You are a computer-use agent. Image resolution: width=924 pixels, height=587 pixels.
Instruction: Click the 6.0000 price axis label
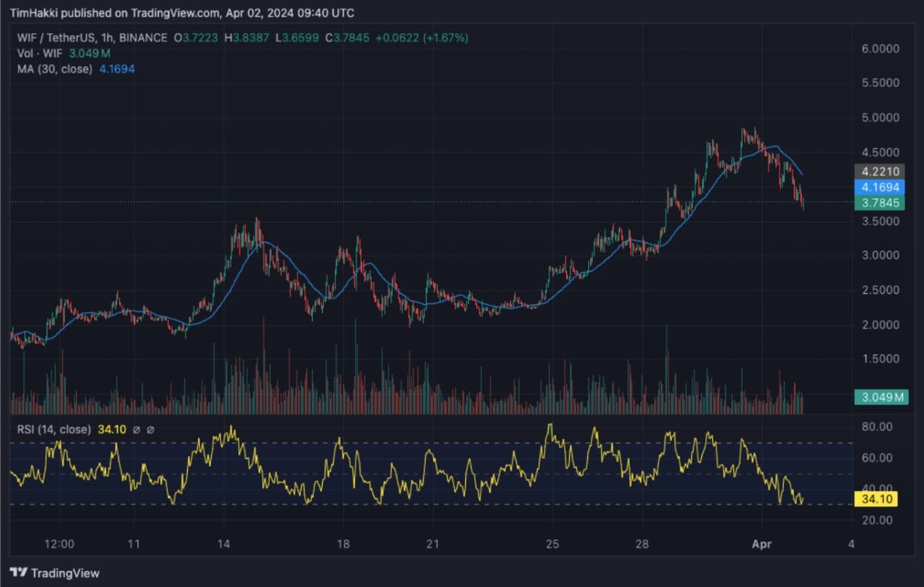(x=880, y=49)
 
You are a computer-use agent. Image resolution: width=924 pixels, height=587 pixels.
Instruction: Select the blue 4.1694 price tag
(x=879, y=187)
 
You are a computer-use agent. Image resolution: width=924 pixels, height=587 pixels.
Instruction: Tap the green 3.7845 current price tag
(x=879, y=202)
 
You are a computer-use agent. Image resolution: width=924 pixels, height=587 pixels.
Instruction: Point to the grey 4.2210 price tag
(x=879, y=171)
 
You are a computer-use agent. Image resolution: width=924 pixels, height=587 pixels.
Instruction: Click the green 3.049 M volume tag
(x=882, y=397)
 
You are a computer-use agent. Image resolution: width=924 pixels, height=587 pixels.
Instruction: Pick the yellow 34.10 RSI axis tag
(x=877, y=499)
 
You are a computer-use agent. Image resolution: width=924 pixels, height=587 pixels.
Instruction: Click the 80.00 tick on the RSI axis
(x=877, y=426)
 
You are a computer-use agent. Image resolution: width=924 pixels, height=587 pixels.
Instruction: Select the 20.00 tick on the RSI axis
(x=877, y=520)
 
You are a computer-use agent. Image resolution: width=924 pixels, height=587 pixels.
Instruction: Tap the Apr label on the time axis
(x=761, y=544)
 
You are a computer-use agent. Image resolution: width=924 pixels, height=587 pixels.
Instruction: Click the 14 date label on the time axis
(x=224, y=544)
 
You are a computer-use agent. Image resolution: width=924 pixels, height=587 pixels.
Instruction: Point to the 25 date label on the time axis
(x=552, y=544)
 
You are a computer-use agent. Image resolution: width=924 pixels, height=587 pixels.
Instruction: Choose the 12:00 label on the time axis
(x=59, y=544)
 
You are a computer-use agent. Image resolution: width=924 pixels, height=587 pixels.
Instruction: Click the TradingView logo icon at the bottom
(x=18, y=572)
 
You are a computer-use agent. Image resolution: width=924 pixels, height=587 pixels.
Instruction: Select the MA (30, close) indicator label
(x=55, y=69)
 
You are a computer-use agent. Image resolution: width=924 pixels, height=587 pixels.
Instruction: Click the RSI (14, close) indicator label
(x=54, y=429)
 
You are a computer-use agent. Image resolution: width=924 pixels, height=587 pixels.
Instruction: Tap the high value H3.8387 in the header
(x=247, y=38)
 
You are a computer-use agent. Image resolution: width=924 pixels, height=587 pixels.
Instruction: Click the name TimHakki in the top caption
(x=34, y=13)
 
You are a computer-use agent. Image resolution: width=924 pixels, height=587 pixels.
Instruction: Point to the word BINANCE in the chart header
(x=143, y=38)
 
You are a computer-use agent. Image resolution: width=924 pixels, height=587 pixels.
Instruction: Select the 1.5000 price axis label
(x=880, y=359)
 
